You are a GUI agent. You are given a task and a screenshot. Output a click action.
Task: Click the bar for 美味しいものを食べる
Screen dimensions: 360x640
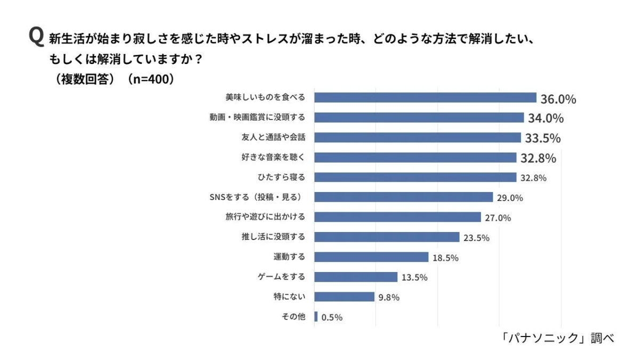(x=425, y=98)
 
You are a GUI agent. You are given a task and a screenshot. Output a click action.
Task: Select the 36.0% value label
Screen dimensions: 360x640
(x=558, y=99)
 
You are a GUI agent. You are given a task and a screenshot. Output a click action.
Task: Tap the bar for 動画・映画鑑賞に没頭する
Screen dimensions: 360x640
(x=419, y=117)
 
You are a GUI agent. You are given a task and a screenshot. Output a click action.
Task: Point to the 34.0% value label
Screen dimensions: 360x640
(x=546, y=118)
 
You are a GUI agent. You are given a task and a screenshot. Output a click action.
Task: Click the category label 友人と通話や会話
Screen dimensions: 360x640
(x=273, y=137)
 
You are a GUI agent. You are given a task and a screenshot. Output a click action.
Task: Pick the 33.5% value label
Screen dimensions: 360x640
(x=542, y=139)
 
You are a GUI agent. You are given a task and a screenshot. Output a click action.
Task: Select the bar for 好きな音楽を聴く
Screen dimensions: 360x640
(x=415, y=157)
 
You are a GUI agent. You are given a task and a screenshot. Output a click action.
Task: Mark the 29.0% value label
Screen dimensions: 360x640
(x=510, y=198)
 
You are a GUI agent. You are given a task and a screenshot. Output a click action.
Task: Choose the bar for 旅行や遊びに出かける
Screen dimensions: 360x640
(x=397, y=217)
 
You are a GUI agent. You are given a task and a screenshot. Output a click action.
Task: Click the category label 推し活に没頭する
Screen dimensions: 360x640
(x=273, y=237)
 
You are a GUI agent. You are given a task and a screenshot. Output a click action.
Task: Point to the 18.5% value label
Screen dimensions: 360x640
(x=445, y=258)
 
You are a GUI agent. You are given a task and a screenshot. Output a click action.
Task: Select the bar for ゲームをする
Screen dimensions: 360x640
(x=356, y=277)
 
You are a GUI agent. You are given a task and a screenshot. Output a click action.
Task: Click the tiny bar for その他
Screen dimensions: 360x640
(x=316, y=317)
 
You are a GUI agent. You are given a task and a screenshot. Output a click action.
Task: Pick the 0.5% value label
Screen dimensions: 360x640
(x=332, y=317)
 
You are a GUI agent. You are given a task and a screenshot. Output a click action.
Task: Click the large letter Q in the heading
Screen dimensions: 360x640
(x=36, y=38)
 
